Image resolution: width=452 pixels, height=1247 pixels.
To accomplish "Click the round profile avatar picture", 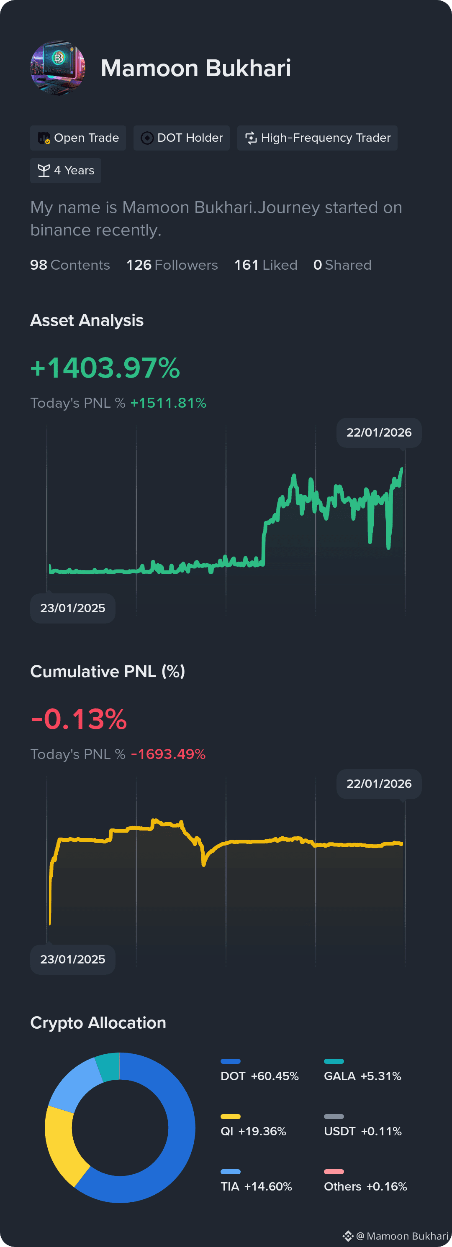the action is tap(58, 68).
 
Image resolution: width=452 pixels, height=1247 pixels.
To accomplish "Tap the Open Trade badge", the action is tap(78, 138).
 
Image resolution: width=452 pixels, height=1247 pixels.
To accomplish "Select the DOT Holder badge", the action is tap(182, 138).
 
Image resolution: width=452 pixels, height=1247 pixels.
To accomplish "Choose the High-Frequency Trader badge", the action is tap(317, 138).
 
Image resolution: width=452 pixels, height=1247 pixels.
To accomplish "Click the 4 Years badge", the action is tap(65, 170).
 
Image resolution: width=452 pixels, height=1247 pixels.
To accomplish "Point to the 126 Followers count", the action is tap(172, 265).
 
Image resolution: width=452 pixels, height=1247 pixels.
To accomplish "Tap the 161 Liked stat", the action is tap(265, 265).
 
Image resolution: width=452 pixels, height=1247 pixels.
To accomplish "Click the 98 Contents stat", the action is tap(70, 265).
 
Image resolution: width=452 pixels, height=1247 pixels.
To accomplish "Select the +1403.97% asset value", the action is tap(105, 368).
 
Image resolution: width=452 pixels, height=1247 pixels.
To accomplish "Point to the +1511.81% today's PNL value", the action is tap(168, 403).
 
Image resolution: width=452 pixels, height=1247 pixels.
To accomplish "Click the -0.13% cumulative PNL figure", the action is tap(79, 719).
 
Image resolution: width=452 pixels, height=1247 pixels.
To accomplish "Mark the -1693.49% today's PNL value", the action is tap(168, 754).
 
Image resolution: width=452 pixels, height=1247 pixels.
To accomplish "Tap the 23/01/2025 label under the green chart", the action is tap(73, 608).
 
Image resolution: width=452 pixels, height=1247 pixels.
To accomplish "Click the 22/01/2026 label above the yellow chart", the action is tap(379, 784).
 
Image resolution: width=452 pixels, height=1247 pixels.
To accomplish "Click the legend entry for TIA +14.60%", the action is tap(256, 1182).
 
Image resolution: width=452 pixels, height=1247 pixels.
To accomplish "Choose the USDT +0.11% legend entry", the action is tap(363, 1127).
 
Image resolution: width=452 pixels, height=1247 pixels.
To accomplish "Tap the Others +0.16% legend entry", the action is tap(365, 1182).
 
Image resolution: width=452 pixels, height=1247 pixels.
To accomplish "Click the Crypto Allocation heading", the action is tap(98, 1022).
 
